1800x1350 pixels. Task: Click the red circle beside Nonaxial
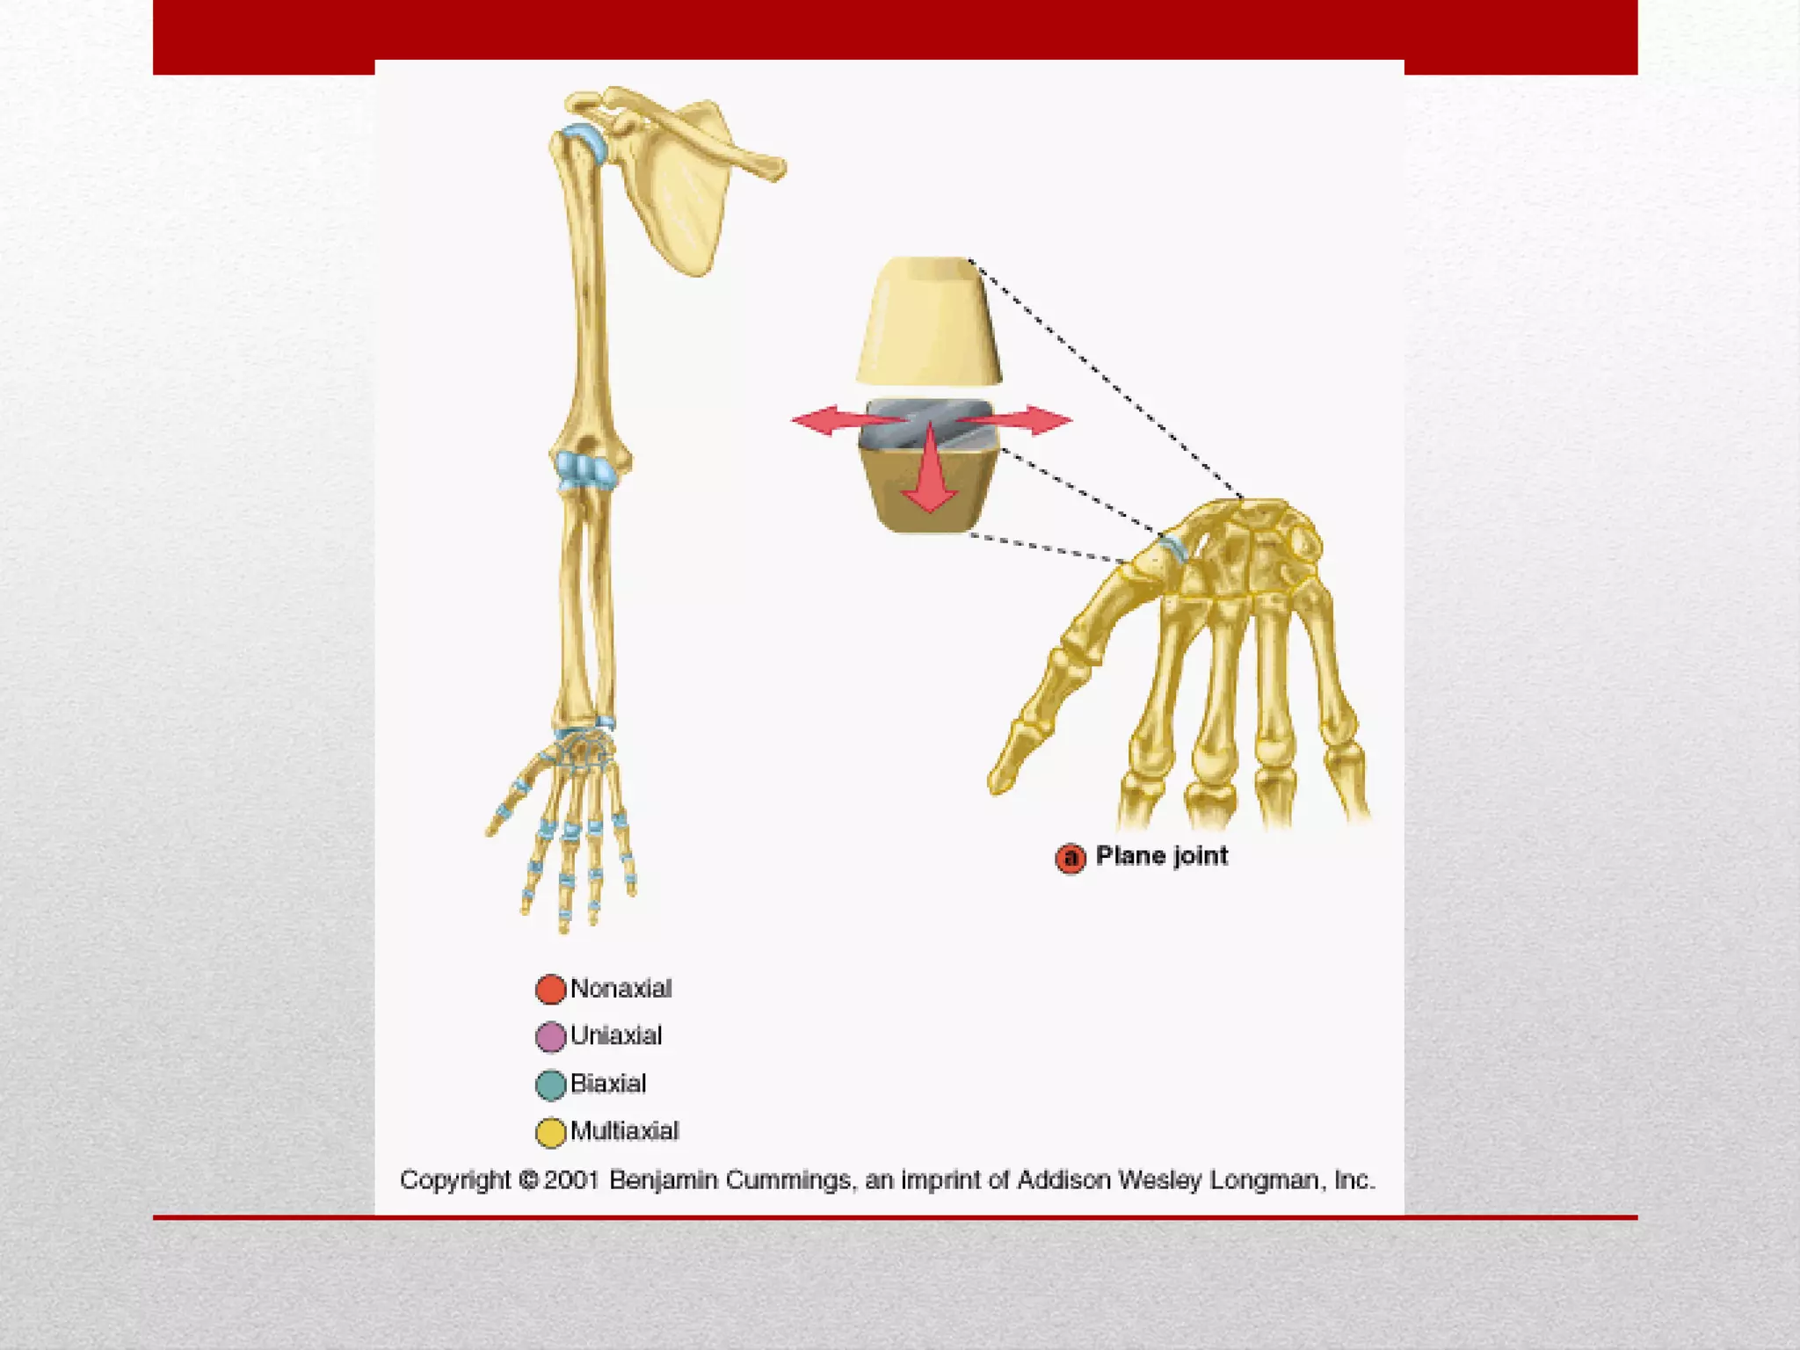click(x=550, y=989)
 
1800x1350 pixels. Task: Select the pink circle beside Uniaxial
click(x=550, y=1037)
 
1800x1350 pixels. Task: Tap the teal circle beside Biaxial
click(x=550, y=1085)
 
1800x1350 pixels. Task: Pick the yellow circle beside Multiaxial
click(x=550, y=1132)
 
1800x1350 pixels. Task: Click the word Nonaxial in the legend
click(x=621, y=989)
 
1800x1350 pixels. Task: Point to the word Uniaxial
click(x=615, y=1035)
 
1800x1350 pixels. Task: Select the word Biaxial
click(x=607, y=1083)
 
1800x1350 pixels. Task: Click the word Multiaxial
click(x=624, y=1130)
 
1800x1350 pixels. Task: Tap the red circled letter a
click(x=1070, y=858)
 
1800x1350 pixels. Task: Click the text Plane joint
click(x=1161, y=856)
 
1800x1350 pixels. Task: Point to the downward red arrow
click(x=929, y=479)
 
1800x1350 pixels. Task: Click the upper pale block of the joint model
click(x=928, y=321)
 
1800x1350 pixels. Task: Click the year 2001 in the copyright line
click(x=571, y=1179)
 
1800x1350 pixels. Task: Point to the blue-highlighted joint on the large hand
click(x=1174, y=548)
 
